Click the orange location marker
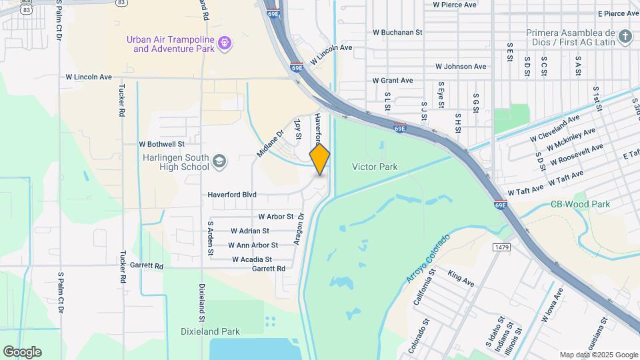[x=319, y=159]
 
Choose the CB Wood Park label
[x=580, y=205]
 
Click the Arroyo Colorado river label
[x=429, y=257]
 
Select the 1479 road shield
[x=502, y=247]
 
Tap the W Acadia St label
[x=252, y=259]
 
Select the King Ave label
[x=461, y=279]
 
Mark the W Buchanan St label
[x=397, y=32]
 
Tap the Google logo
[x=22, y=352]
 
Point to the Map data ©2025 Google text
[x=598, y=355]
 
